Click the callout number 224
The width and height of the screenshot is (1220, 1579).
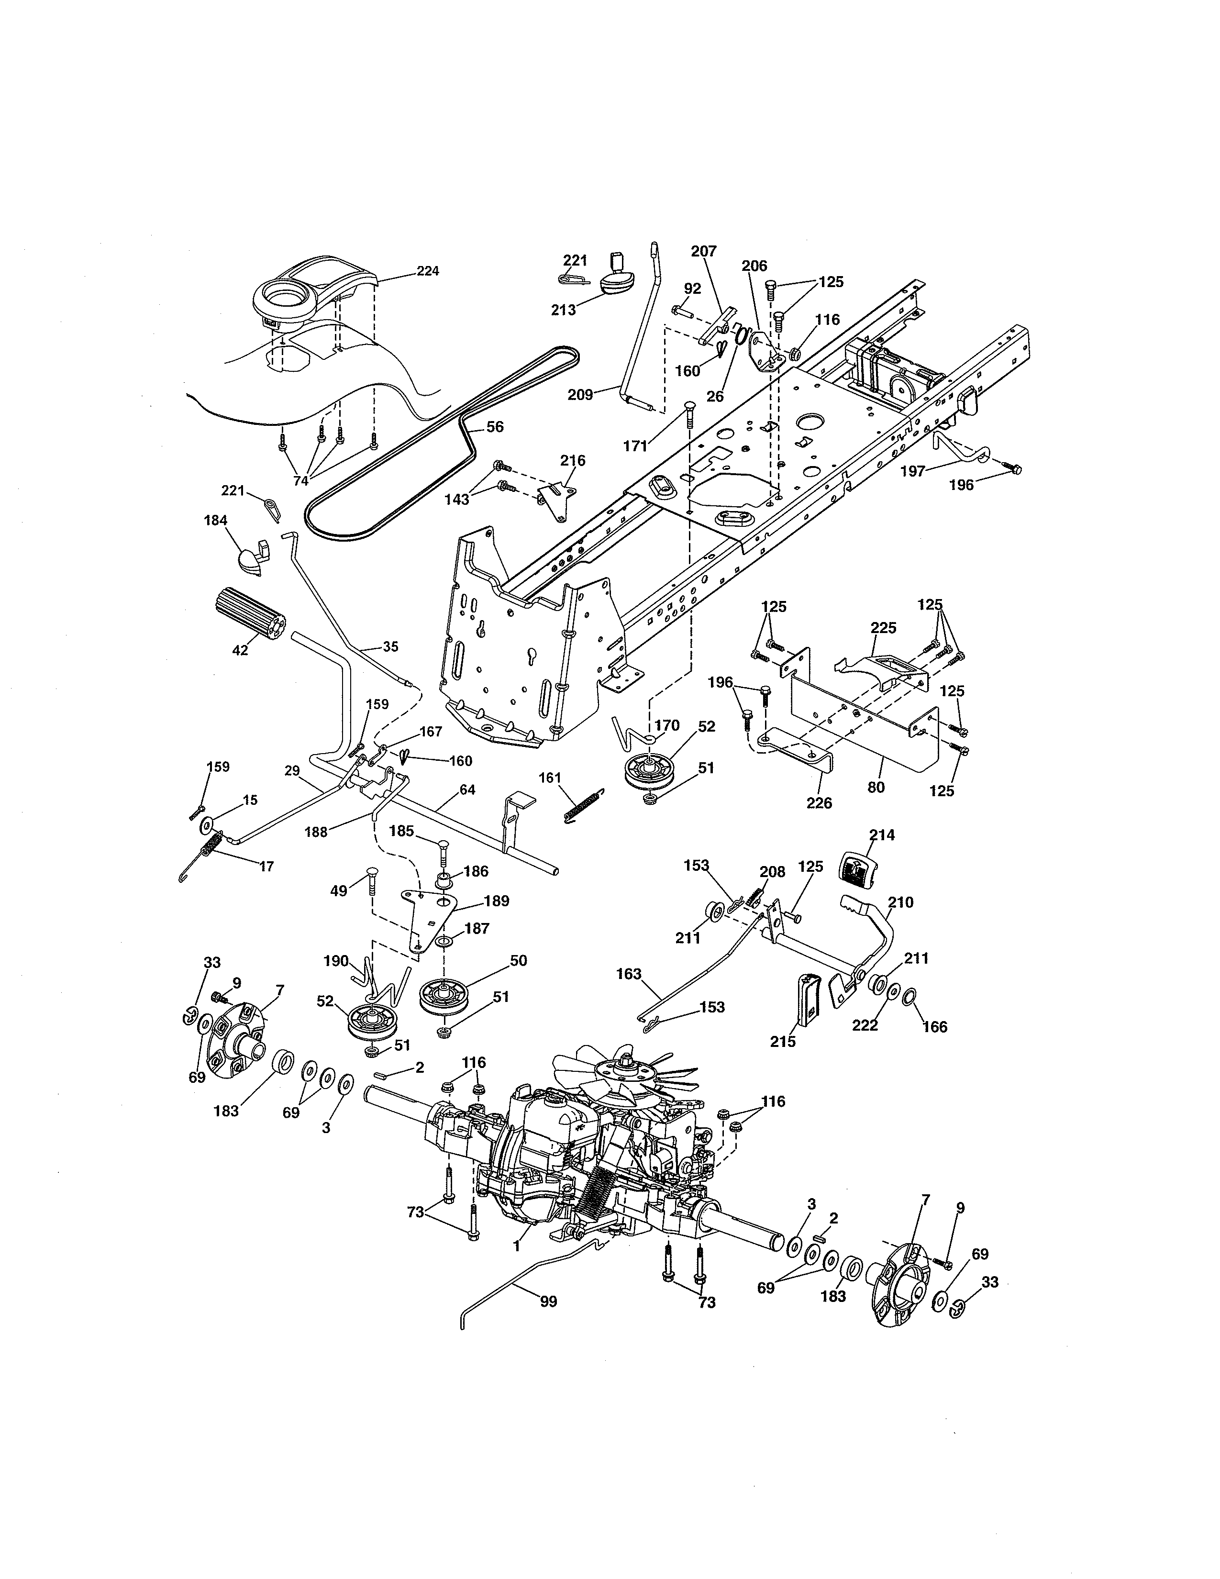(428, 271)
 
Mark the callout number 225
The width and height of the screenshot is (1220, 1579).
(883, 628)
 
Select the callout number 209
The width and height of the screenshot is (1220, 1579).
(580, 395)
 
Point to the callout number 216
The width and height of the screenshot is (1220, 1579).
(573, 460)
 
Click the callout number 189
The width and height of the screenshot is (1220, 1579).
(496, 901)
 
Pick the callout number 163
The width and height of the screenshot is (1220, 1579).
(629, 974)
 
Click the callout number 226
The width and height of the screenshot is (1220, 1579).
(820, 802)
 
